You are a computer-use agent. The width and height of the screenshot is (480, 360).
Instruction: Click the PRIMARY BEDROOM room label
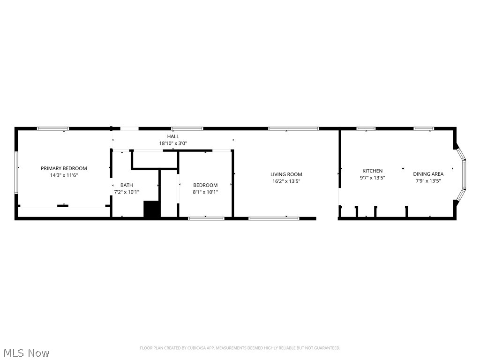(64, 168)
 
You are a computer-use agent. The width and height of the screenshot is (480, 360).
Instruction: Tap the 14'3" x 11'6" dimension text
(64, 175)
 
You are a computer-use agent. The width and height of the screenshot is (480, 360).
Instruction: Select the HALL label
(173, 136)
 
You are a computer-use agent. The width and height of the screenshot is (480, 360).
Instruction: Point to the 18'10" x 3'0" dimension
(173, 143)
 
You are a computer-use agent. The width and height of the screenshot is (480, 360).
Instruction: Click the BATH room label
(127, 185)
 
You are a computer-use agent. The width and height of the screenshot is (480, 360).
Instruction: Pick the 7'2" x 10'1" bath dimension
(127, 192)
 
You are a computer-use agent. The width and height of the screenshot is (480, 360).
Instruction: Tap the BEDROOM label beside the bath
(205, 185)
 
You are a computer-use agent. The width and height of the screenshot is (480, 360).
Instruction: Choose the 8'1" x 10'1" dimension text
(205, 192)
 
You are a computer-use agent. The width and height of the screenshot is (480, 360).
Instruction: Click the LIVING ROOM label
(286, 174)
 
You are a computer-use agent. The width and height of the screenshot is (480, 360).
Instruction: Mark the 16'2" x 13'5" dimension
(286, 181)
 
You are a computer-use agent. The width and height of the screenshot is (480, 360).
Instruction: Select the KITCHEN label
(372, 171)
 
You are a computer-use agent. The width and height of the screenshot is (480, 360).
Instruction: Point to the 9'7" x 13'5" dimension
(372, 178)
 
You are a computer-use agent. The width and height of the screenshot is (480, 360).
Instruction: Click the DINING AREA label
(428, 174)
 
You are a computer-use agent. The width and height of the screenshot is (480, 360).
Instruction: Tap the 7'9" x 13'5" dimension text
(428, 181)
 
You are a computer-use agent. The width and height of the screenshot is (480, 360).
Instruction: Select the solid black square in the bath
(152, 210)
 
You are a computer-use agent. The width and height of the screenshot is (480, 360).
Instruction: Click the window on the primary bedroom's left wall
(16, 172)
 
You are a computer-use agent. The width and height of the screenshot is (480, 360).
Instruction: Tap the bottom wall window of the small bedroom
(206, 218)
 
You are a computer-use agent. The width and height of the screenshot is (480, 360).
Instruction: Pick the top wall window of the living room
(293, 128)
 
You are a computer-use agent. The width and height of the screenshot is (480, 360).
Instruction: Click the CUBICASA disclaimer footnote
(240, 348)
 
